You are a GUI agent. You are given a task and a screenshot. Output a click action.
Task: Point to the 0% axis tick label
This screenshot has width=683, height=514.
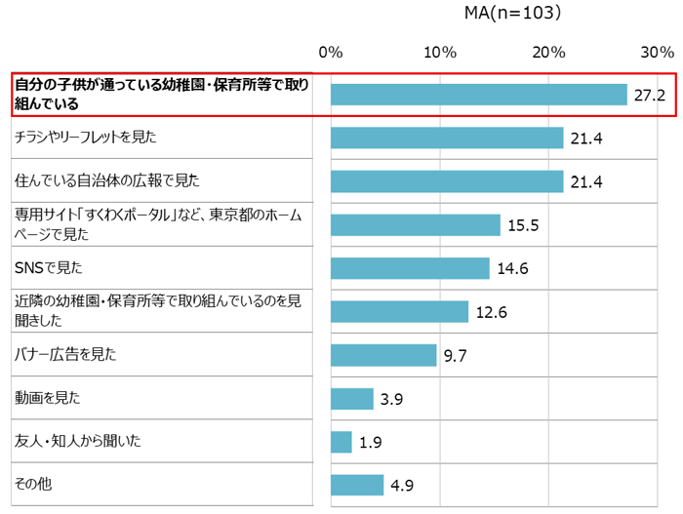331,52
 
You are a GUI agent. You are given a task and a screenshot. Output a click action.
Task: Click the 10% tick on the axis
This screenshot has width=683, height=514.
440,52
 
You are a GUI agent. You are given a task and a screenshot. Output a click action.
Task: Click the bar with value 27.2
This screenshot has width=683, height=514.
478,95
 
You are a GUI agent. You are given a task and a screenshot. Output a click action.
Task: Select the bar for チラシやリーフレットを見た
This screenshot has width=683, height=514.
447,138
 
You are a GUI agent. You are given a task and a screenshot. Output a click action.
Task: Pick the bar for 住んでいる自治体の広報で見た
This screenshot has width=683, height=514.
447,181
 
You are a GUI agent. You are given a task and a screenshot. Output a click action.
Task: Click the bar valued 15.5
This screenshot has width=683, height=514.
415,225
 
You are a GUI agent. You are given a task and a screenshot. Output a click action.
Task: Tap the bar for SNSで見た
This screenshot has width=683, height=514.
410,268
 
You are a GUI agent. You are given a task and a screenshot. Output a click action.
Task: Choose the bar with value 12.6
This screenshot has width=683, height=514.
399,312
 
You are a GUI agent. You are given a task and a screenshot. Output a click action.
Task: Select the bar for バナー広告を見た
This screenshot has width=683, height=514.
383,355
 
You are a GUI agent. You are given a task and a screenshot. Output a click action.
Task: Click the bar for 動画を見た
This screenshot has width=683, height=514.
352,398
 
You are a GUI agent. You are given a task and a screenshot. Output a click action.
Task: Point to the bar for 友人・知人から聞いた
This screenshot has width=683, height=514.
341,442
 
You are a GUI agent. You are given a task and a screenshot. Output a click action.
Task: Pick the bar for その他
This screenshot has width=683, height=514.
357,485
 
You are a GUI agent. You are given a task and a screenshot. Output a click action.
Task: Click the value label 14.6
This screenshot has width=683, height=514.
512,268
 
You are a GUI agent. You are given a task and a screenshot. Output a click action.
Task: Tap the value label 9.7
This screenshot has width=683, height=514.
456,355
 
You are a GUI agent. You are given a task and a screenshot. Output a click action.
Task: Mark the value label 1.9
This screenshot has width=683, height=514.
370,442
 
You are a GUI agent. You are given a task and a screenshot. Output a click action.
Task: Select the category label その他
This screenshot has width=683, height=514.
30,485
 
